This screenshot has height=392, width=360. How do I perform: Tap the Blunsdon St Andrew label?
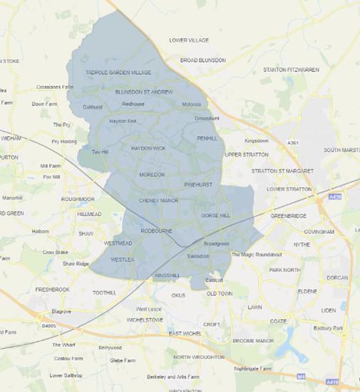tap(144, 92)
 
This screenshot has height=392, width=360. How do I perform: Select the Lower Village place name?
tap(189, 41)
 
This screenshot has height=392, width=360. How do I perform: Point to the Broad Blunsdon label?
tap(202, 61)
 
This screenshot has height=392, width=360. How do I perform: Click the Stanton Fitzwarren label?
tap(291, 70)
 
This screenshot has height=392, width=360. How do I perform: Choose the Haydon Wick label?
tap(148, 148)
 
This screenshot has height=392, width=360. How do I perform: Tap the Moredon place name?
tap(151, 175)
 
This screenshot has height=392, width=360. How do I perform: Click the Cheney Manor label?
tap(158, 201)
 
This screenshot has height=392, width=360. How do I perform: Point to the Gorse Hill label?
tap(215, 215)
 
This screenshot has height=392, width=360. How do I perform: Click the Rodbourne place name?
tap(157, 231)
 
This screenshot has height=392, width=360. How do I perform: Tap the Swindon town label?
tap(197, 256)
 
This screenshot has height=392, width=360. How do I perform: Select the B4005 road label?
tap(48, 326)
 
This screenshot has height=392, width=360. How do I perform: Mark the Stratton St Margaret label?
tap(282, 171)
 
